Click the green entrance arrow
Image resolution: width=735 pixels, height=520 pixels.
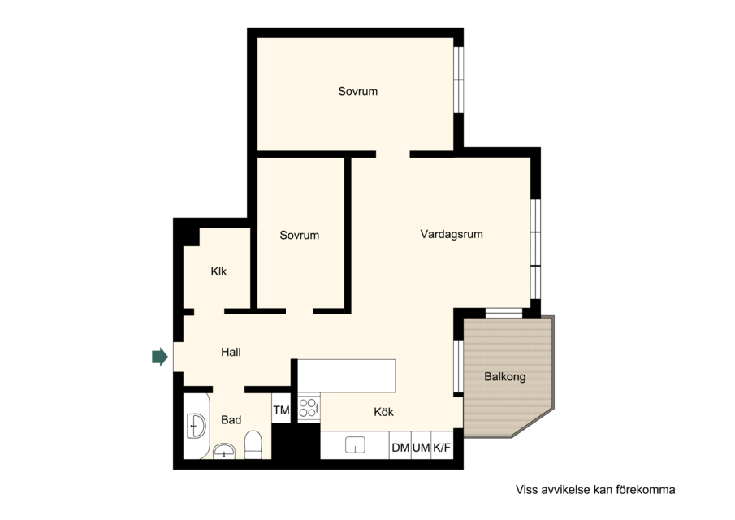point(160,357)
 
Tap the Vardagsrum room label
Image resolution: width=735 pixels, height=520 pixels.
point(452,234)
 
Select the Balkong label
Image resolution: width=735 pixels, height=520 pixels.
point(505,376)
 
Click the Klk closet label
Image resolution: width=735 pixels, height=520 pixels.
point(218,271)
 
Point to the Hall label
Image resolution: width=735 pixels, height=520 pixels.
point(231,352)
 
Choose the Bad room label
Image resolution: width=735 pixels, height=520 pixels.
point(231,420)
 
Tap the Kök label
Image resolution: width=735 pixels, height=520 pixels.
point(383,412)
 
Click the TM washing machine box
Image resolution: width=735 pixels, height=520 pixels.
point(281,410)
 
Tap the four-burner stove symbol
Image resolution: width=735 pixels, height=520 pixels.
point(309,408)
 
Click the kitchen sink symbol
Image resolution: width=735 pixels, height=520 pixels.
point(355,444)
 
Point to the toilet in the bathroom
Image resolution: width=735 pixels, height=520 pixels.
point(253,444)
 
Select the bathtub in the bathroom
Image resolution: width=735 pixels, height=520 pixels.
point(197,426)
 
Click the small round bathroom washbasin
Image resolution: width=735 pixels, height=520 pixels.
point(224,451)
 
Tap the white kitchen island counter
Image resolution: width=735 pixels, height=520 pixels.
point(347,375)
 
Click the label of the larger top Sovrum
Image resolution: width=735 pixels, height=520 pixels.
point(357,91)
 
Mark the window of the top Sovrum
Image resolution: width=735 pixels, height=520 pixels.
point(458,80)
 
